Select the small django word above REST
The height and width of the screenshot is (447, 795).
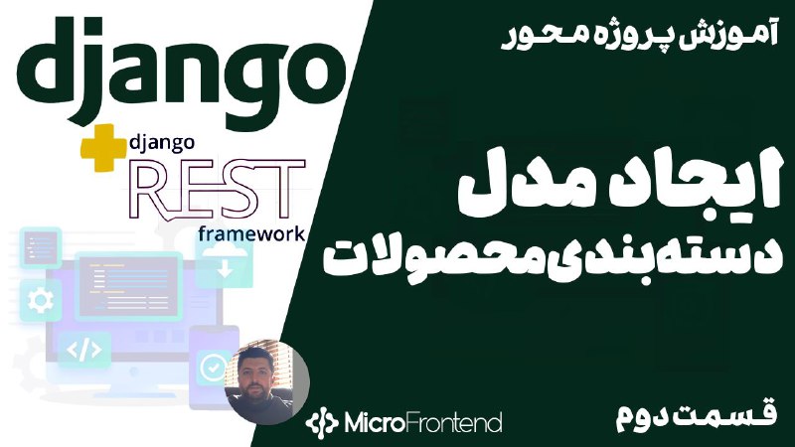pyautogui.click(x=162, y=143)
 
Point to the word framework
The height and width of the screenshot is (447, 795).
pyautogui.click(x=251, y=233)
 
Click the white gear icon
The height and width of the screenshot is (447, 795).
pyautogui.click(x=41, y=301)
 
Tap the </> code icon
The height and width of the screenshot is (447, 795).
pyautogui.click(x=84, y=351)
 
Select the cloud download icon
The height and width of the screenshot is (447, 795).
pyautogui.click(x=225, y=259)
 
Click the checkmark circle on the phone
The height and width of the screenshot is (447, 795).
pyautogui.click(x=214, y=367)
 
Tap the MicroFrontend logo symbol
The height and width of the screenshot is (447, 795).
pyautogui.click(x=321, y=421)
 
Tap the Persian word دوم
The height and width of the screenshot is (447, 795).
pyautogui.click(x=649, y=418)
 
